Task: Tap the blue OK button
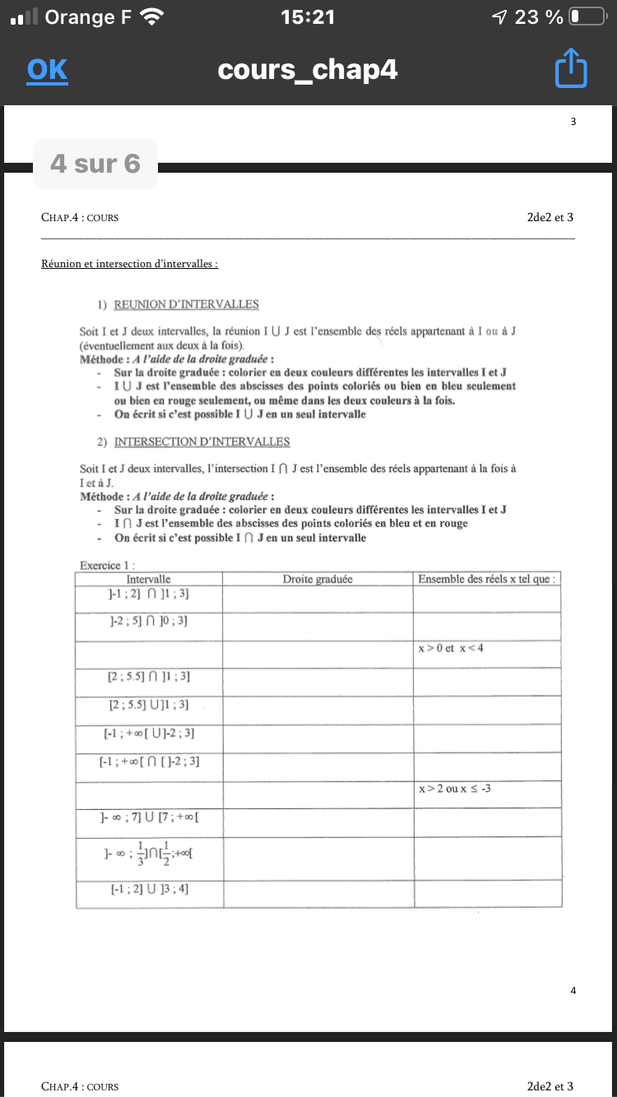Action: click(47, 70)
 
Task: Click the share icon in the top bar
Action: click(571, 69)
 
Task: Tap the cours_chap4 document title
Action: click(308, 70)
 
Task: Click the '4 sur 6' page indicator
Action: click(95, 164)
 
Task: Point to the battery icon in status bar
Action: click(587, 16)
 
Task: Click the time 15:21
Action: click(308, 16)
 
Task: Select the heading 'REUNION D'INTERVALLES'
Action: click(186, 304)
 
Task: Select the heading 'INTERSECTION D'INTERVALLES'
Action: click(202, 442)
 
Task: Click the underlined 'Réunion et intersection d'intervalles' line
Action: click(129, 264)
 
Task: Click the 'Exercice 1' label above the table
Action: click(107, 565)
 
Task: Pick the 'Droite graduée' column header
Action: click(318, 579)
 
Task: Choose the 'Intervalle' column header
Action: click(149, 579)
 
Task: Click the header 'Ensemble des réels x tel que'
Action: click(486, 579)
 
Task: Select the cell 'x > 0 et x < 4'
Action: click(451, 648)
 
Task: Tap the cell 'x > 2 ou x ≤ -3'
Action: click(455, 789)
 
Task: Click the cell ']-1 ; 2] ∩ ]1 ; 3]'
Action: click(149, 594)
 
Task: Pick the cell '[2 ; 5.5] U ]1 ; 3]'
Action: click(149, 704)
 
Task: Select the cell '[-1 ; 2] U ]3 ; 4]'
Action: click(149, 889)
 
